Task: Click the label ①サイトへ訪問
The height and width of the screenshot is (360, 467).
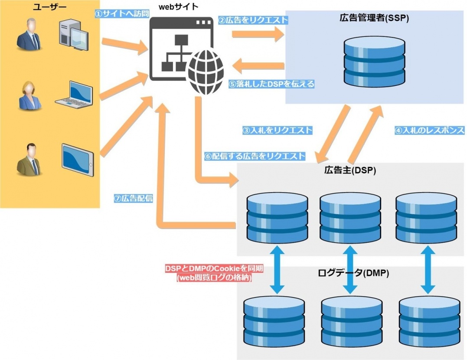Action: point(122,13)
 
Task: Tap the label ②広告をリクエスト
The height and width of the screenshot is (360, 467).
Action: point(253,20)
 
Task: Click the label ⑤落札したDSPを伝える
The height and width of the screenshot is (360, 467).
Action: point(271,84)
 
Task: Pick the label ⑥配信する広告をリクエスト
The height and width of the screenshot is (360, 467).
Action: point(255,156)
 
